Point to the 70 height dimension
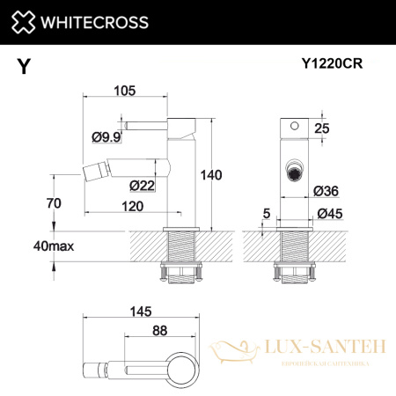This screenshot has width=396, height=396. [55, 203]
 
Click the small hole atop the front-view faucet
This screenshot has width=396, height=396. [293, 127]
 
